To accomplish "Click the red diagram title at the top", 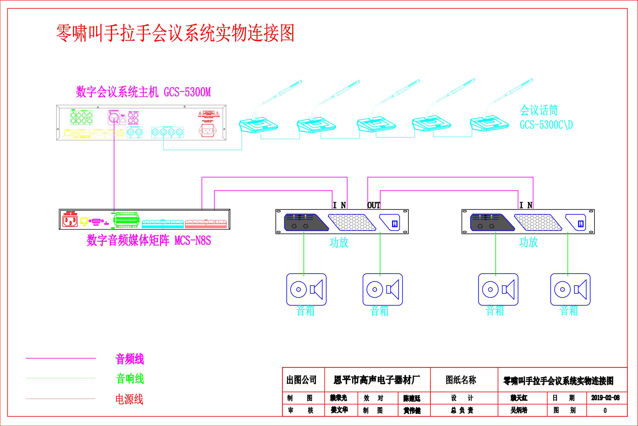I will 175,33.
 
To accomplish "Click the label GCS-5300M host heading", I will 143,92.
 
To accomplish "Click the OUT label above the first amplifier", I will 374,205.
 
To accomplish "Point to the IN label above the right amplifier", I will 525,205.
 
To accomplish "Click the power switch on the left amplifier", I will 394,224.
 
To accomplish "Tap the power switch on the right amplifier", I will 581,224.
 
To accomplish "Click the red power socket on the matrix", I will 70,221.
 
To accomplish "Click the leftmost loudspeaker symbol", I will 306,289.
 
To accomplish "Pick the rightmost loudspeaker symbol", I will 570,289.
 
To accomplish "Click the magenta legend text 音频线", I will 130,359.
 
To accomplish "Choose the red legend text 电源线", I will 129,399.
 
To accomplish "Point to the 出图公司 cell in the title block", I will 301,380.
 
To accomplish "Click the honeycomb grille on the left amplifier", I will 352,222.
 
